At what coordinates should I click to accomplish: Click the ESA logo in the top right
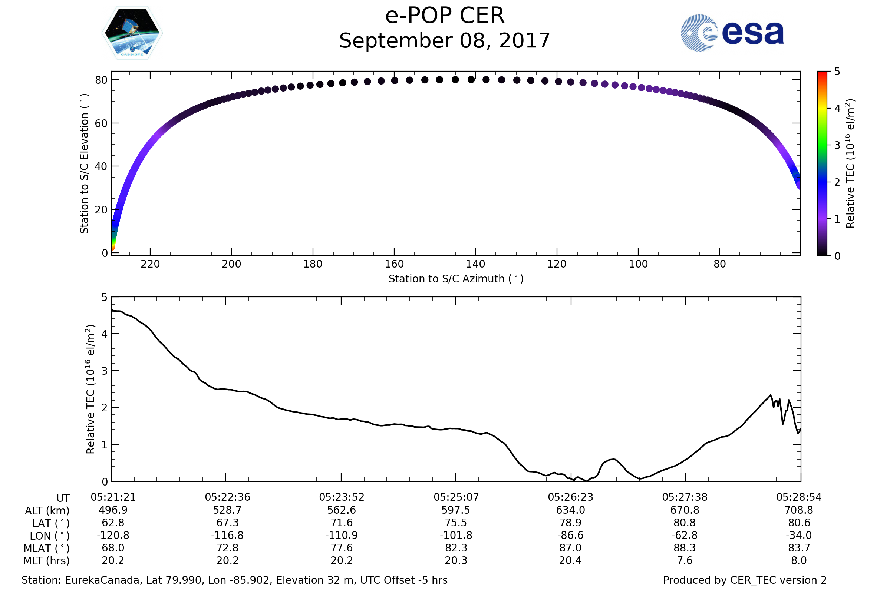click(732, 33)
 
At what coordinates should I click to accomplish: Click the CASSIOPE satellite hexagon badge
click(132, 33)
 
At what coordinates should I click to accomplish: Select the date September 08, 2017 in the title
click(445, 41)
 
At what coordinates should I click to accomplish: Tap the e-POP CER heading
click(445, 16)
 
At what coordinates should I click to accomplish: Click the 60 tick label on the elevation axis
click(101, 123)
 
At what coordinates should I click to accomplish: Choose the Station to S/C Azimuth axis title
click(456, 279)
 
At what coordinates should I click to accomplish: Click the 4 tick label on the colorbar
click(837, 109)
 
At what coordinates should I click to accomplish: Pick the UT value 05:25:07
click(456, 497)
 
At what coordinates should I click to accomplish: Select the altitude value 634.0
click(570, 510)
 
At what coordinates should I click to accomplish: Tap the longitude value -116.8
click(227, 536)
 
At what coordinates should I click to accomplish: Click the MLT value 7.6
click(685, 560)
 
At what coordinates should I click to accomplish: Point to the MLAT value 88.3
click(685, 548)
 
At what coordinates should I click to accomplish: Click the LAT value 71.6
click(342, 523)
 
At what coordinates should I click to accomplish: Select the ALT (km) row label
click(47, 511)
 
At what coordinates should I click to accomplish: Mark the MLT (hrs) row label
click(47, 561)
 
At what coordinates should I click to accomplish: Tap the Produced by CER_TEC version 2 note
click(745, 580)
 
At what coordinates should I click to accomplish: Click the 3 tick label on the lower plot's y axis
click(105, 371)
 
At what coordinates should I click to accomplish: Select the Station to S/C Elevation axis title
click(84, 163)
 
